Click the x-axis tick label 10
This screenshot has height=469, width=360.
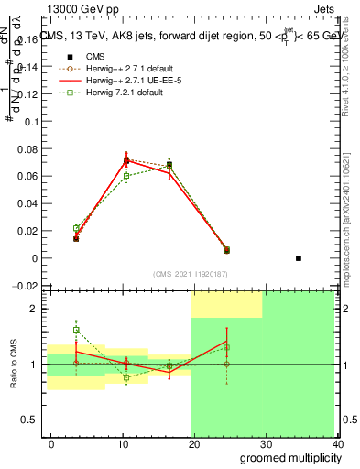click(x=123, y=444)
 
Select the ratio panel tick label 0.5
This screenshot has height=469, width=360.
click(x=28, y=420)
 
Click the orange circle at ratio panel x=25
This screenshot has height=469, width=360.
click(x=226, y=365)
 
